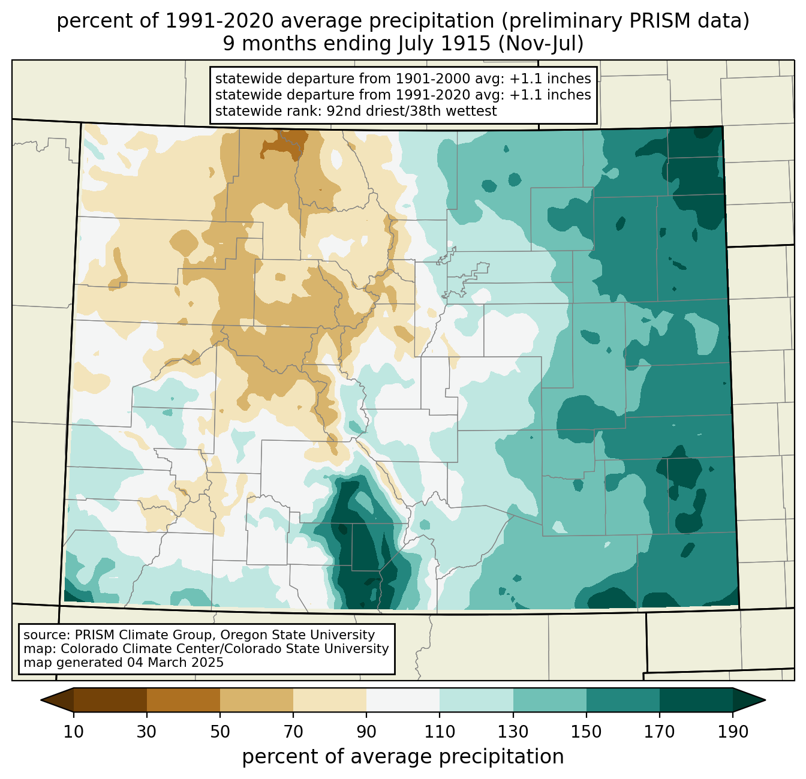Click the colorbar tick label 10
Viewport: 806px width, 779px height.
[73, 732]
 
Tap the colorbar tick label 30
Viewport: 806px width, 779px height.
[146, 732]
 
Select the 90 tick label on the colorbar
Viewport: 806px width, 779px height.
[366, 732]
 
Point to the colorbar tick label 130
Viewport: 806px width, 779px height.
[513, 732]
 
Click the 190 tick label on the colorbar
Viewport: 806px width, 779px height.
[733, 732]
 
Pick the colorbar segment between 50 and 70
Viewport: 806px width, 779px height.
[257, 700]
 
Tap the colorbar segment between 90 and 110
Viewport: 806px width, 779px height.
[403, 700]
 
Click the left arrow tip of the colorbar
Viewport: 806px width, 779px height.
[41, 700]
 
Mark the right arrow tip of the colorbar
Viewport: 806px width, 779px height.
[765, 700]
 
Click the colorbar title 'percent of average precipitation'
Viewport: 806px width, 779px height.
[403, 757]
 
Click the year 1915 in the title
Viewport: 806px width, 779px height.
[471, 44]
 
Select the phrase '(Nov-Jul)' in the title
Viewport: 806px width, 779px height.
[540, 44]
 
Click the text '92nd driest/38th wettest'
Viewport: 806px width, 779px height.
[411, 111]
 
